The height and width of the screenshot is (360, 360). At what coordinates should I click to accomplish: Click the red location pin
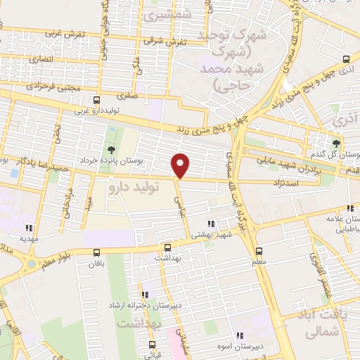point(181,165)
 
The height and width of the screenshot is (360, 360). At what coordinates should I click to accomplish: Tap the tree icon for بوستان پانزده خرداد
point(111,148)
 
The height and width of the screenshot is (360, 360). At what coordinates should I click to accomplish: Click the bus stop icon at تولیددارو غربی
point(96,100)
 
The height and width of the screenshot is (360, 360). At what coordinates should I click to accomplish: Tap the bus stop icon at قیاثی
point(153,345)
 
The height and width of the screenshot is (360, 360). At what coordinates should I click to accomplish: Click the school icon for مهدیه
point(29,227)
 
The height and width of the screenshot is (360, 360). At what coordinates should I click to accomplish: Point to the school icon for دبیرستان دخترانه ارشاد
point(144,295)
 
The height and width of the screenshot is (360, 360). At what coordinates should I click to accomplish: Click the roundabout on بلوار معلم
point(30,264)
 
